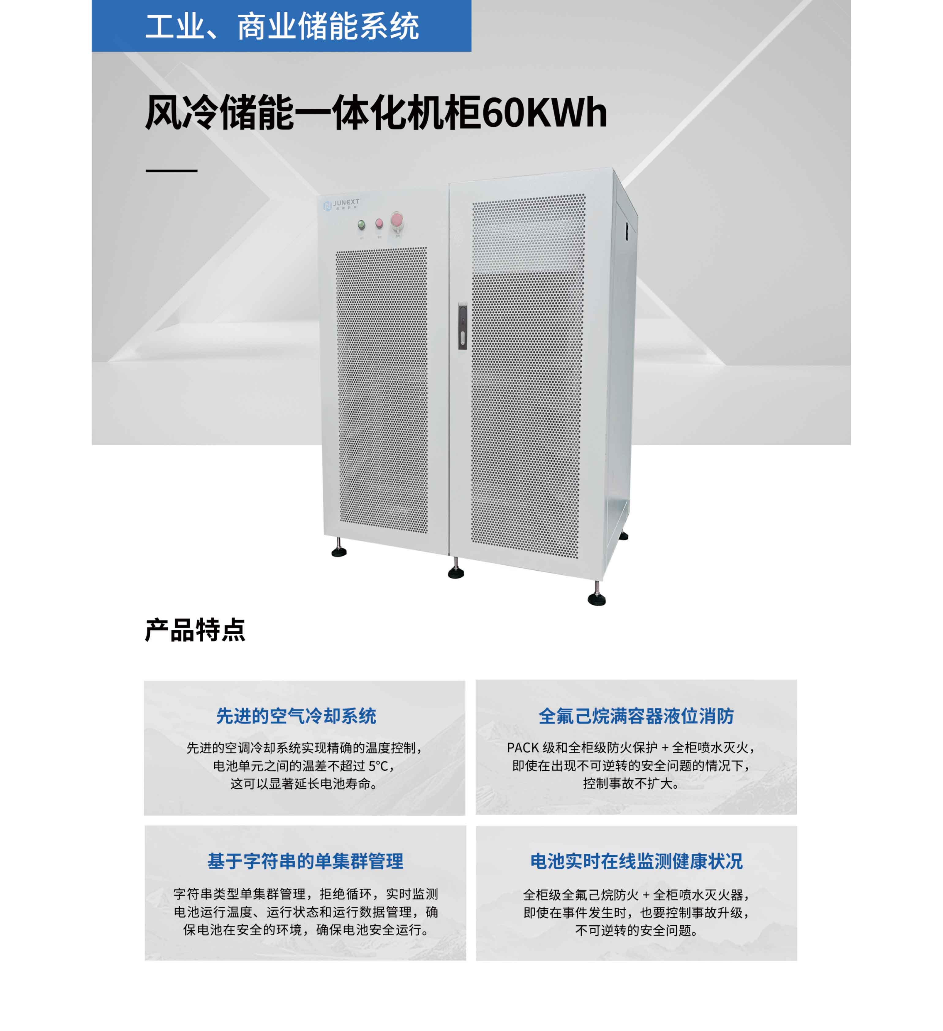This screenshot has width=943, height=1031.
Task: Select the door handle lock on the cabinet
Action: [462, 326]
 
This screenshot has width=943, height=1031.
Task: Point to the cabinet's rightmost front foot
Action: [596, 599]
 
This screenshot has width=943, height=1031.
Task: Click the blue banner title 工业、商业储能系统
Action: [282, 27]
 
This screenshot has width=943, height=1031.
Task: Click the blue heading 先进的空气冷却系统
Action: [296, 716]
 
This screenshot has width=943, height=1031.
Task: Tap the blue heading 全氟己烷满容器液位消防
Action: [636, 716]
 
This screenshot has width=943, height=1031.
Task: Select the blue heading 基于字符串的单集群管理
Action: [305, 861]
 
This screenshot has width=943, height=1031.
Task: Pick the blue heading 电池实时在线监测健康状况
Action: [636, 861]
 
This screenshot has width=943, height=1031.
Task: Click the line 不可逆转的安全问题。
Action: [636, 930]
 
